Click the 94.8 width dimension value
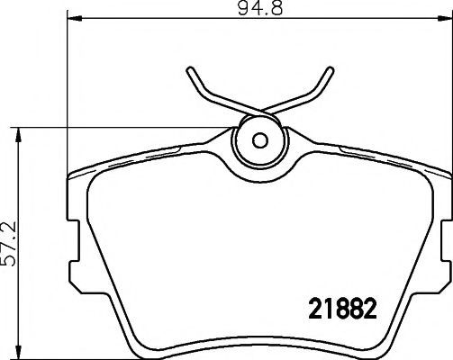pyautogui.click(x=260, y=8)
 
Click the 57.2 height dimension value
pyautogui.click(x=9, y=245)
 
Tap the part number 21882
pyautogui.click(x=342, y=309)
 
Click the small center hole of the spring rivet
pyautogui.click(x=260, y=140)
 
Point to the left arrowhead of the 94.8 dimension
pyautogui.click(x=74, y=19)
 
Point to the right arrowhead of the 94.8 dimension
pyautogui.click(x=445, y=19)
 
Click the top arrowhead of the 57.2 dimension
pyautogui.click(x=19, y=135)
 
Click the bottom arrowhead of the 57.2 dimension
pyautogui.click(x=19, y=351)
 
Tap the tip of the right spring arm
pyautogui.click(x=331, y=69)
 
